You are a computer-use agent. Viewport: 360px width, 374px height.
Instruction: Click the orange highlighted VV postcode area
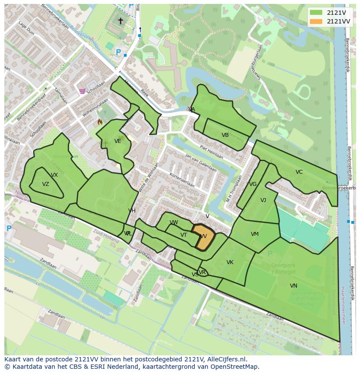[x=201, y=237]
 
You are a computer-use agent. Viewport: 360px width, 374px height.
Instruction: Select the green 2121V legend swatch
[x=316, y=12]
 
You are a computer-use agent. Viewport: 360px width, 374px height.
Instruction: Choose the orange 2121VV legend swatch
[x=316, y=21]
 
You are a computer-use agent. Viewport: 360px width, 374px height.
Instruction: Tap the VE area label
[x=118, y=141]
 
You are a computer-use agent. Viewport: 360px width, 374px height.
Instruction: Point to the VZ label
[x=46, y=184]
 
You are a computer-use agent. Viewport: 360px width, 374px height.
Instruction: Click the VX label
[x=54, y=175]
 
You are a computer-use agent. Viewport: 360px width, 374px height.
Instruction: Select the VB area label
[x=225, y=135]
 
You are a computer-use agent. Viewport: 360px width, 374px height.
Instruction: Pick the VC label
[x=299, y=172]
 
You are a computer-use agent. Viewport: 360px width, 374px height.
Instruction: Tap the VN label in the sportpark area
[x=293, y=285]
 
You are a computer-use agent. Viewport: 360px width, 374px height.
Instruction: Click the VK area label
[x=230, y=262]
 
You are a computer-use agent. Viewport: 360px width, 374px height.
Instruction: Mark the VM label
[x=255, y=234]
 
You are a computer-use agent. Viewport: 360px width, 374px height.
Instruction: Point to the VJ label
[x=263, y=200]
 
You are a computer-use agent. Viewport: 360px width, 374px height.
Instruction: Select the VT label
[x=183, y=235]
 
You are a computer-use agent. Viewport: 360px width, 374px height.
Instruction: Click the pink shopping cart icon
[x=82, y=91]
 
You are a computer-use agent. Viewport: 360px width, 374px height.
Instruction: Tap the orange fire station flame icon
[x=100, y=122]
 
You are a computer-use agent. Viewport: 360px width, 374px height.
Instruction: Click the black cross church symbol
[x=120, y=21]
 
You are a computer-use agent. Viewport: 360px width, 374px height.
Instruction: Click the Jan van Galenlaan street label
[x=200, y=162]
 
